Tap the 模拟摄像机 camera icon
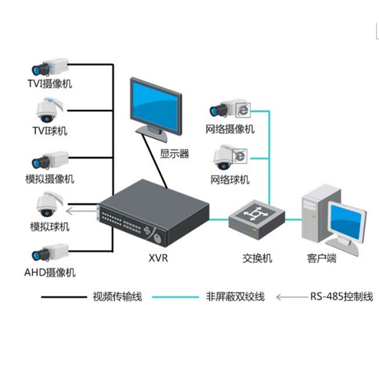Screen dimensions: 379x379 49,160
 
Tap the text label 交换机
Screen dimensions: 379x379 257,259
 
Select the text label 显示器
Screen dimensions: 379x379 175,154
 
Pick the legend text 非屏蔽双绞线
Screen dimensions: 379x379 235,297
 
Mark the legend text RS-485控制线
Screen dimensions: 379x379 341,297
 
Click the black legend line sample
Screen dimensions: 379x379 63,297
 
